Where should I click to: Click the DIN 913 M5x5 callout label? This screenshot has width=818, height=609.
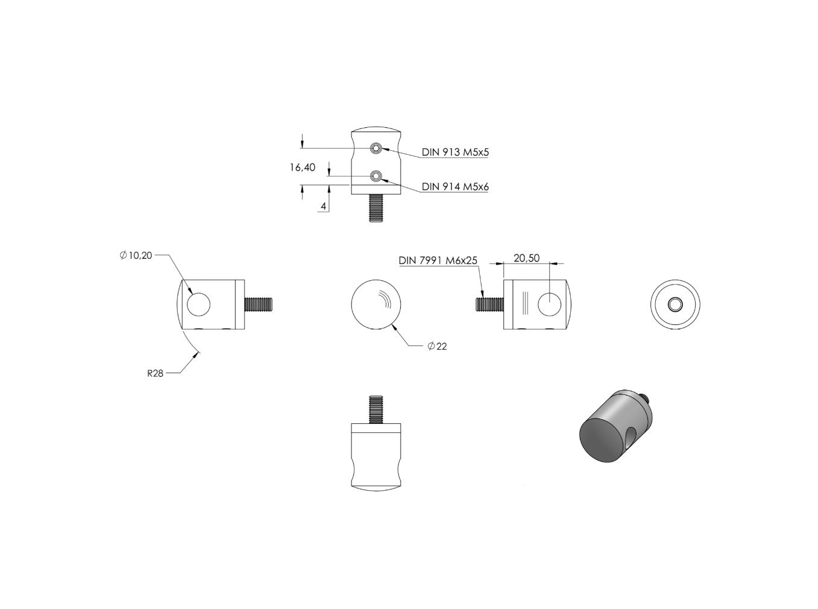pos(455,152)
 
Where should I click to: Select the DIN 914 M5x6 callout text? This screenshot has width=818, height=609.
pos(455,187)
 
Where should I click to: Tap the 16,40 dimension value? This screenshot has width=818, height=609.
pos(303,168)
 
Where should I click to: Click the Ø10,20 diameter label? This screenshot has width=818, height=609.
pos(136,255)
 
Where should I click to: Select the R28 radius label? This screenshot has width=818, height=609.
pos(155,374)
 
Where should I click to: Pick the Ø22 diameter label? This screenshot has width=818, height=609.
pos(437,346)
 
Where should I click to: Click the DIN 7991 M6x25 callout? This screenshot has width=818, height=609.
pos(438,260)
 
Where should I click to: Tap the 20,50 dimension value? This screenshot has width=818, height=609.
pos(526,258)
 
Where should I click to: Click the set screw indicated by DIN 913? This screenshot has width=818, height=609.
pos(376,148)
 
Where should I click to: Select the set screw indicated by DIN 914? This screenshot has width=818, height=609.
pos(376,176)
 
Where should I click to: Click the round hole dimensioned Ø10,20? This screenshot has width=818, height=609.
pos(198,304)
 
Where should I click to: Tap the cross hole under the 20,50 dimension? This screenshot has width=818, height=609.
pos(550,304)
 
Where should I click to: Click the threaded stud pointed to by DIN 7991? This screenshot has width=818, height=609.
pos(489,304)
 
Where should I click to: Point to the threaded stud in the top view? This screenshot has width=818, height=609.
pos(376,208)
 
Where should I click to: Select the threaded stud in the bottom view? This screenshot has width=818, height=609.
pos(376,409)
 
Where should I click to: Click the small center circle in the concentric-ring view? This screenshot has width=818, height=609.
pos(675,304)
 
